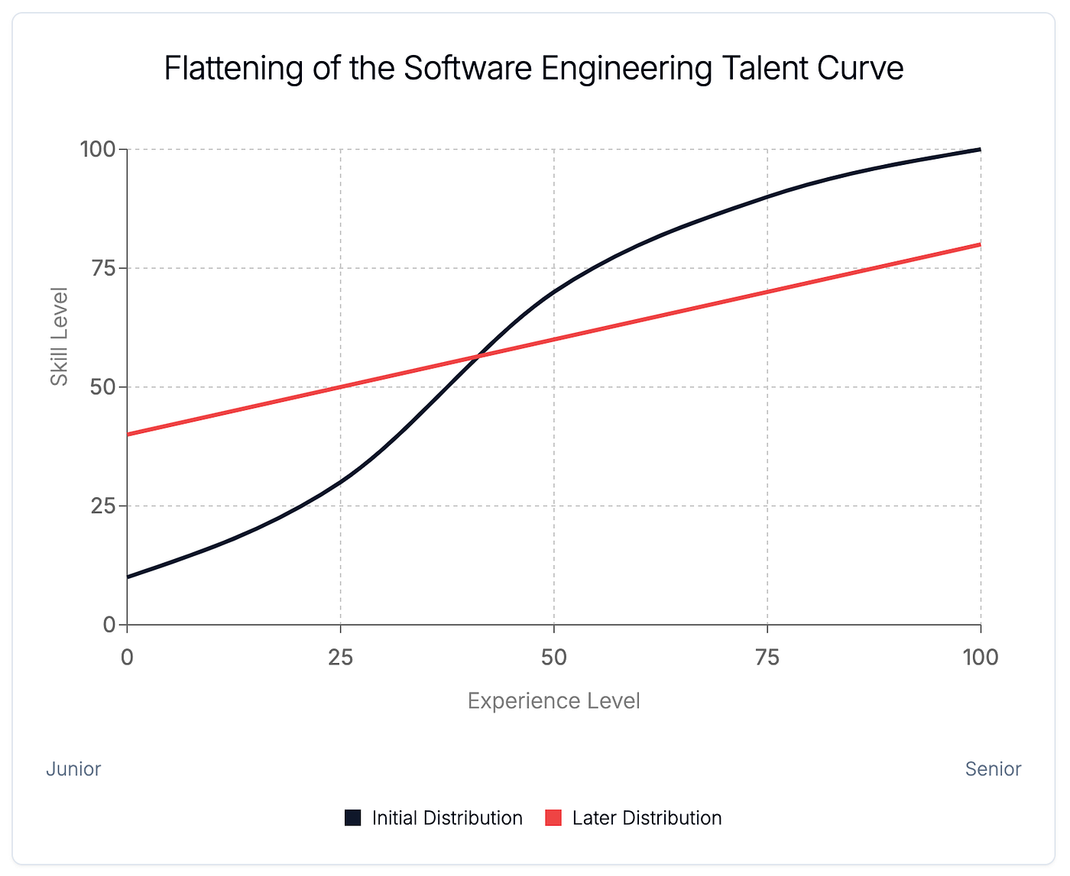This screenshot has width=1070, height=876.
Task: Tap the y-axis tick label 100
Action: tap(98, 149)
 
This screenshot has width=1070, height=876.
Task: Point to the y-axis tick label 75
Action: tap(102, 268)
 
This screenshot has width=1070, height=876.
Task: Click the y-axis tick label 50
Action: tap(102, 387)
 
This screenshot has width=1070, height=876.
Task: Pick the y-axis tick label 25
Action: tap(102, 506)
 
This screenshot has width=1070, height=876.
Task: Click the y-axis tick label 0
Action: tap(109, 625)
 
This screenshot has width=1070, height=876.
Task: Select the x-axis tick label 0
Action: tap(127, 657)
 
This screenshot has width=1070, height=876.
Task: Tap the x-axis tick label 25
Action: tap(340, 657)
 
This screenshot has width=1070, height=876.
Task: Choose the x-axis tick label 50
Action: tap(553, 657)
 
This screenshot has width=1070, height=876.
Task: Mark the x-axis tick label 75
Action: tap(767, 657)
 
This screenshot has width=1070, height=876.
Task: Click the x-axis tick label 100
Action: tap(980, 657)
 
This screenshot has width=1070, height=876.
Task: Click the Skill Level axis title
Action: tap(59, 336)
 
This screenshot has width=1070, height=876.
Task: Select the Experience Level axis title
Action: tap(553, 701)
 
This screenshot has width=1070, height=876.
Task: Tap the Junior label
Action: tap(73, 769)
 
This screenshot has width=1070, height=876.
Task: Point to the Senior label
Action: tap(993, 769)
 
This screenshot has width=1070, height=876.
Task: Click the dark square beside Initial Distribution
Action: tap(352, 818)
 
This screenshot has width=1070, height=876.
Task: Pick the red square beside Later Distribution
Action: tap(553, 818)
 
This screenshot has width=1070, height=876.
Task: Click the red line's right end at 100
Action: tap(980, 244)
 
